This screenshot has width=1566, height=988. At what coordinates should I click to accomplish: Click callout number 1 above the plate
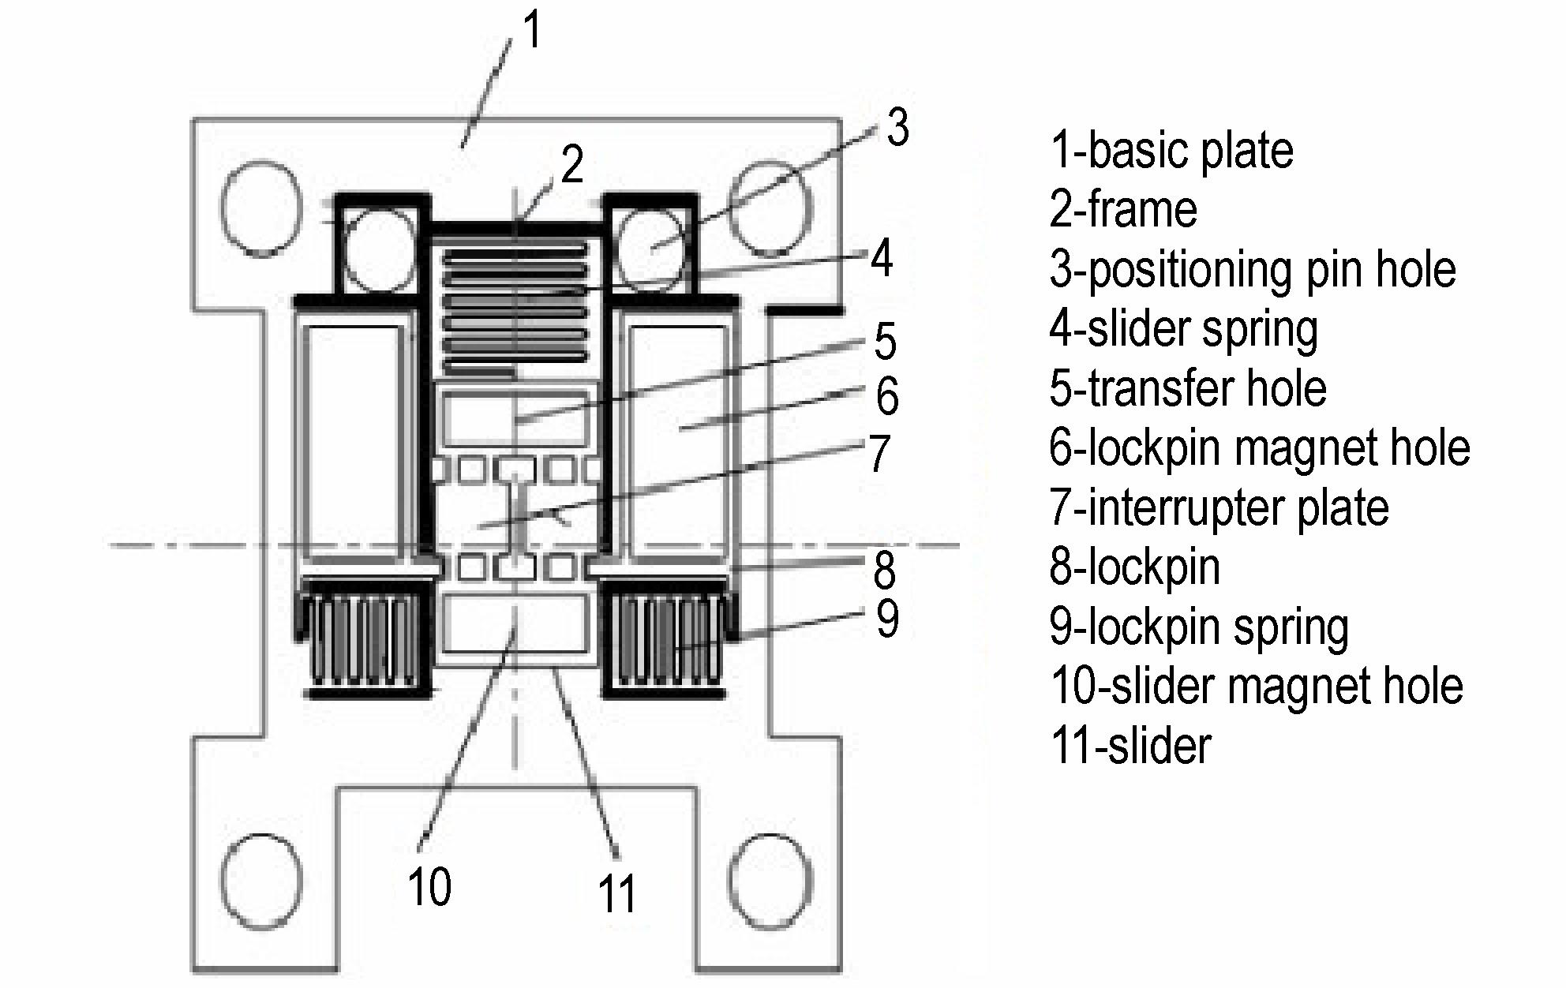coord(534,32)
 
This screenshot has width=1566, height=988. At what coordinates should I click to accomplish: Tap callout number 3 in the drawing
coord(897,128)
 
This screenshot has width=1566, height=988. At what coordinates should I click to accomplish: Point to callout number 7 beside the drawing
coord(879,454)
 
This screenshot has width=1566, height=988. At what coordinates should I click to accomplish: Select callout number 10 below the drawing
coord(429,887)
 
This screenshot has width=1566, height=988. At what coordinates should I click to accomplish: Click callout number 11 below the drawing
coord(616,894)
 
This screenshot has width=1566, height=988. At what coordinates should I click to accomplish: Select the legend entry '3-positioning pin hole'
coord(1253,269)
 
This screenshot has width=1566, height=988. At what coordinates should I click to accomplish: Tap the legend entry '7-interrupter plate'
coord(1219,507)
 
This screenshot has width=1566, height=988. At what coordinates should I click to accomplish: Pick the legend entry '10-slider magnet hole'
coord(1257,686)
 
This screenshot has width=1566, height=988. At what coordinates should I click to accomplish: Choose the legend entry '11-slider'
coord(1130,746)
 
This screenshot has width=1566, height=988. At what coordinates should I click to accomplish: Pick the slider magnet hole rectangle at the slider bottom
coord(515,623)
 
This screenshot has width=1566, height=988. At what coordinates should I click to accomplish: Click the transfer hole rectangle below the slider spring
coord(515,419)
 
